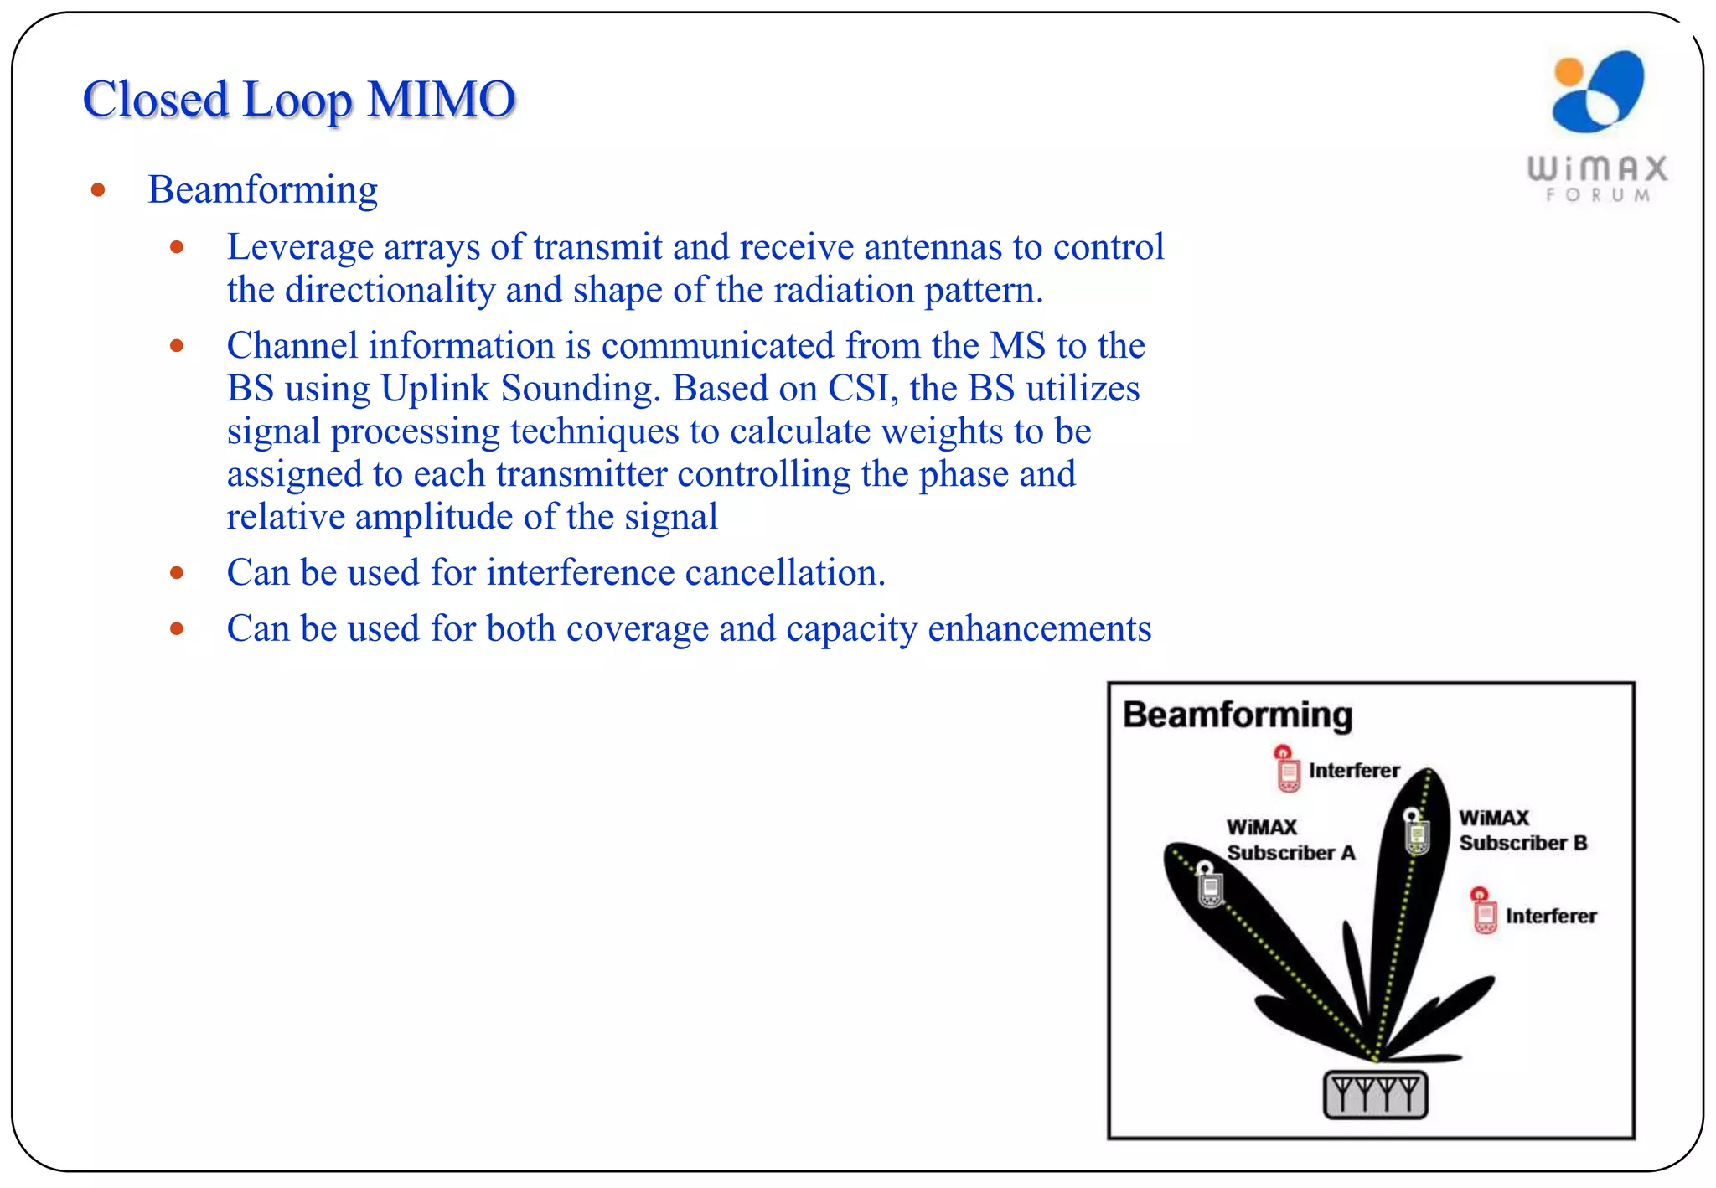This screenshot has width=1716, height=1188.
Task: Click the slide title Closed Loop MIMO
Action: point(298,100)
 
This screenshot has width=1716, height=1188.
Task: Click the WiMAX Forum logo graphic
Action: point(1598,92)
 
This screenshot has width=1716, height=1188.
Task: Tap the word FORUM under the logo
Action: point(1598,195)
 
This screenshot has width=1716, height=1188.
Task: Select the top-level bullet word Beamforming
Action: point(262,189)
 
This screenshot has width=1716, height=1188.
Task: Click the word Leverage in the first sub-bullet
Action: point(300,247)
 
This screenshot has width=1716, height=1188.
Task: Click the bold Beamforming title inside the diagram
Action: point(1237,715)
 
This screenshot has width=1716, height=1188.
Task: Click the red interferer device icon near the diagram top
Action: point(1287,769)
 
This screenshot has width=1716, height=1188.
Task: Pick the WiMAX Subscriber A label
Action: point(1290,839)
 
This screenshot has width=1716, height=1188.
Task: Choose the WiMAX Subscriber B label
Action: point(1522,830)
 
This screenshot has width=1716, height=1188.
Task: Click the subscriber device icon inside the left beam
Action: point(1208,885)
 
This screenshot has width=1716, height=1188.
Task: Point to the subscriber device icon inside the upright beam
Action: point(1416,832)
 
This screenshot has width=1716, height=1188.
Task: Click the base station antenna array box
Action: point(1375,1094)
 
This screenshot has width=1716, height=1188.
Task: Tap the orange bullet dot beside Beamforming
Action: point(98,190)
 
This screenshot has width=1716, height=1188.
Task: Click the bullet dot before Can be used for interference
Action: point(177,574)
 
